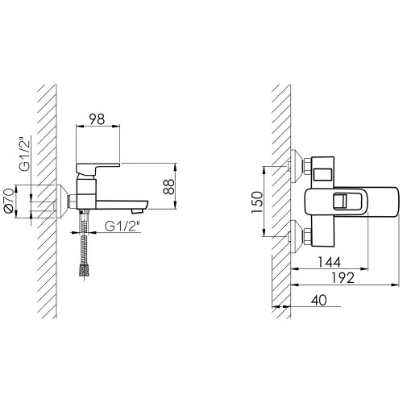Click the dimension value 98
click(97, 119)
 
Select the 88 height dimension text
click(169, 187)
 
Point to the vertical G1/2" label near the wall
click(25, 155)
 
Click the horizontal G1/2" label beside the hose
click(123, 226)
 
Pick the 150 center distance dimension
click(257, 202)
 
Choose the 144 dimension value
click(329, 262)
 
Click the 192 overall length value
click(343, 278)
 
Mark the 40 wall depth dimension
click(319, 300)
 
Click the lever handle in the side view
click(98, 168)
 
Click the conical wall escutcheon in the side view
click(62, 201)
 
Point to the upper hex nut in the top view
click(307, 167)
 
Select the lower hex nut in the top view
click(307, 236)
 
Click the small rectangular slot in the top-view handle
click(340, 201)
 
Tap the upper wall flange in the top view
click(297, 166)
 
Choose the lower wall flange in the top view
click(297, 236)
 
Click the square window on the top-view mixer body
click(323, 174)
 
